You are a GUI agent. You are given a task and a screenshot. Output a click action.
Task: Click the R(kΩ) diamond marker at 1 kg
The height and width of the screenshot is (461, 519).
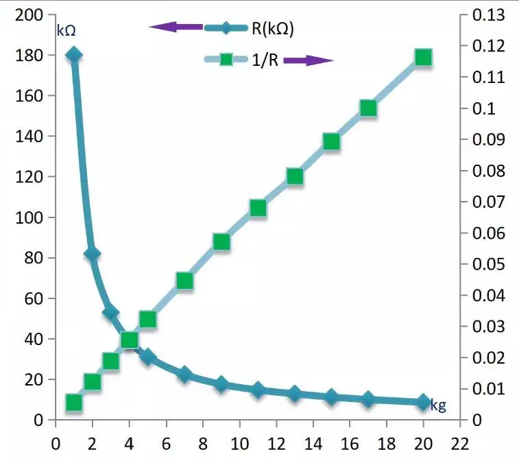tap(74, 55)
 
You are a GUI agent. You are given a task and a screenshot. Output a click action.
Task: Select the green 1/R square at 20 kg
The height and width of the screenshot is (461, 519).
tap(423, 57)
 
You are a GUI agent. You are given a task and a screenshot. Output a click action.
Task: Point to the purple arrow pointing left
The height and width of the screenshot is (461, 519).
tap(176, 27)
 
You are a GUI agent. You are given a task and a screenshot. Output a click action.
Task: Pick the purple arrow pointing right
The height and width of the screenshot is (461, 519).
tap(308, 60)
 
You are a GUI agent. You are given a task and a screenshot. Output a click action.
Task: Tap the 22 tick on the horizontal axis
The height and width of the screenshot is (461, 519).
tap(460, 442)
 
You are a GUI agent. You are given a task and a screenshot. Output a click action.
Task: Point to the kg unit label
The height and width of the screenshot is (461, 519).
tap(438, 405)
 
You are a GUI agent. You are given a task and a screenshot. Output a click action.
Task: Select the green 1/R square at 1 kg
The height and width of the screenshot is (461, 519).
tap(74, 403)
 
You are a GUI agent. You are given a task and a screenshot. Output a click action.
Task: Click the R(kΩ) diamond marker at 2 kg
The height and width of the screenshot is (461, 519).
tap(93, 255)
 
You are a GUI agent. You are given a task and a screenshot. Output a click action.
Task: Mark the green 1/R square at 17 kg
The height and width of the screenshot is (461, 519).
tap(368, 108)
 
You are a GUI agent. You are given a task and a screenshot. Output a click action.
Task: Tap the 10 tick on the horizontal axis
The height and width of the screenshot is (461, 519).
tap(239, 442)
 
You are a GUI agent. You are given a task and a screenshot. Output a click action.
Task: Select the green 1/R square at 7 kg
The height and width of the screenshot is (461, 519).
tap(184, 281)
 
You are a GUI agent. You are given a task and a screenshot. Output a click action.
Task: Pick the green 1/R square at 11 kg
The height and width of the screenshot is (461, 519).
tap(258, 208)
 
